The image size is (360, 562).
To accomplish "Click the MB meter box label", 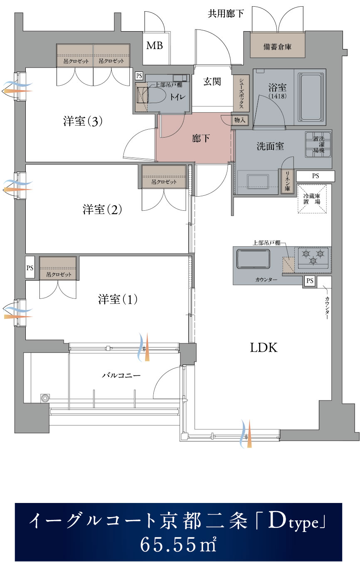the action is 155,46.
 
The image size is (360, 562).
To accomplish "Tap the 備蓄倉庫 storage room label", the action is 277,47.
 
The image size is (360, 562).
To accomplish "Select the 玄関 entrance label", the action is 212,81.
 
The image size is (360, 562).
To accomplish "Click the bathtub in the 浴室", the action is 311,96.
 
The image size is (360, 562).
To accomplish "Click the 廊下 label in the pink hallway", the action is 201,138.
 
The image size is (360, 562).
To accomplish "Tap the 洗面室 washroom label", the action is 270,146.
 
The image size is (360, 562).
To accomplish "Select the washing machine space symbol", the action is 318,145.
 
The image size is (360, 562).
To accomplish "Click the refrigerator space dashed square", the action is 312,199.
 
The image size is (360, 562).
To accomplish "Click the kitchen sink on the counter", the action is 254,259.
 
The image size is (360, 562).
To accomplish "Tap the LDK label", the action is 264,348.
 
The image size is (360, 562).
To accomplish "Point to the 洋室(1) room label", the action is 118,299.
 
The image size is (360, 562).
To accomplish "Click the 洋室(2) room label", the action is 102,209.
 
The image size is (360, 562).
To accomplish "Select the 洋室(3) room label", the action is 83,121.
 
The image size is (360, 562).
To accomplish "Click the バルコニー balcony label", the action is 121,376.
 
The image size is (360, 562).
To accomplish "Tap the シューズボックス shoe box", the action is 241,94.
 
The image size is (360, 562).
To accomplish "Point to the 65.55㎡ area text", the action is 178,545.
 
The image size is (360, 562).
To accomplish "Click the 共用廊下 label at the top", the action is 226,14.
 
